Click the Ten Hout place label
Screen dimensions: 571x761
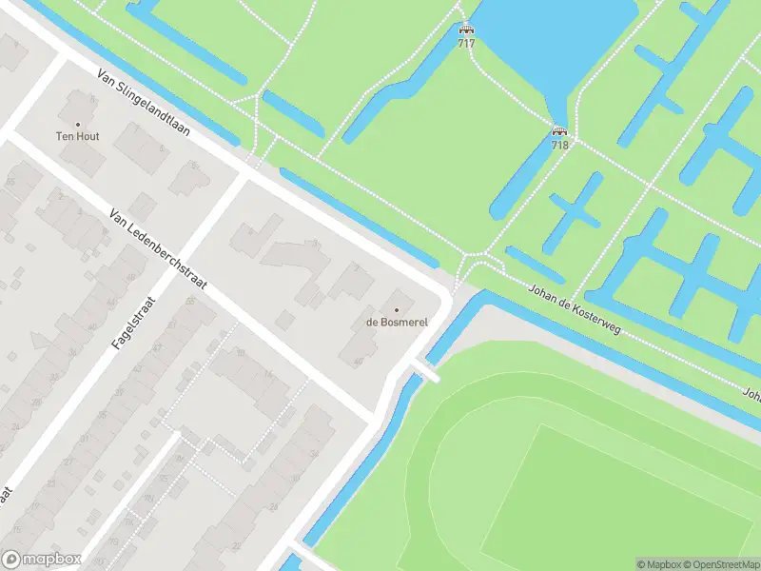(78, 137)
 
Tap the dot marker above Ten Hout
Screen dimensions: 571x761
(78, 124)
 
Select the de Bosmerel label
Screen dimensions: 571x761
(397, 323)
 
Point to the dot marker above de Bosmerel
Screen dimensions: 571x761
(397, 309)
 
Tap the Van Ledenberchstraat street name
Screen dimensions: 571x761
(158, 252)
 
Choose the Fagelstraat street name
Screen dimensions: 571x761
(132, 325)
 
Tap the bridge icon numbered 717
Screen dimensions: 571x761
(466, 30)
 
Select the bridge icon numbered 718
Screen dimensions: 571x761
(559, 131)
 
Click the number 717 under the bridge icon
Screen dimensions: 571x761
(466, 44)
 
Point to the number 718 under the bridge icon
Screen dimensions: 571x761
(559, 145)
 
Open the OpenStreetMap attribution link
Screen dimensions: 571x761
(720, 564)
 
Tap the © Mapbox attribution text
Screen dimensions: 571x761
(658, 564)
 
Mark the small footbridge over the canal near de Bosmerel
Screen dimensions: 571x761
(424, 371)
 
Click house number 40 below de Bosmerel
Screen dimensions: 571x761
(358, 361)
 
